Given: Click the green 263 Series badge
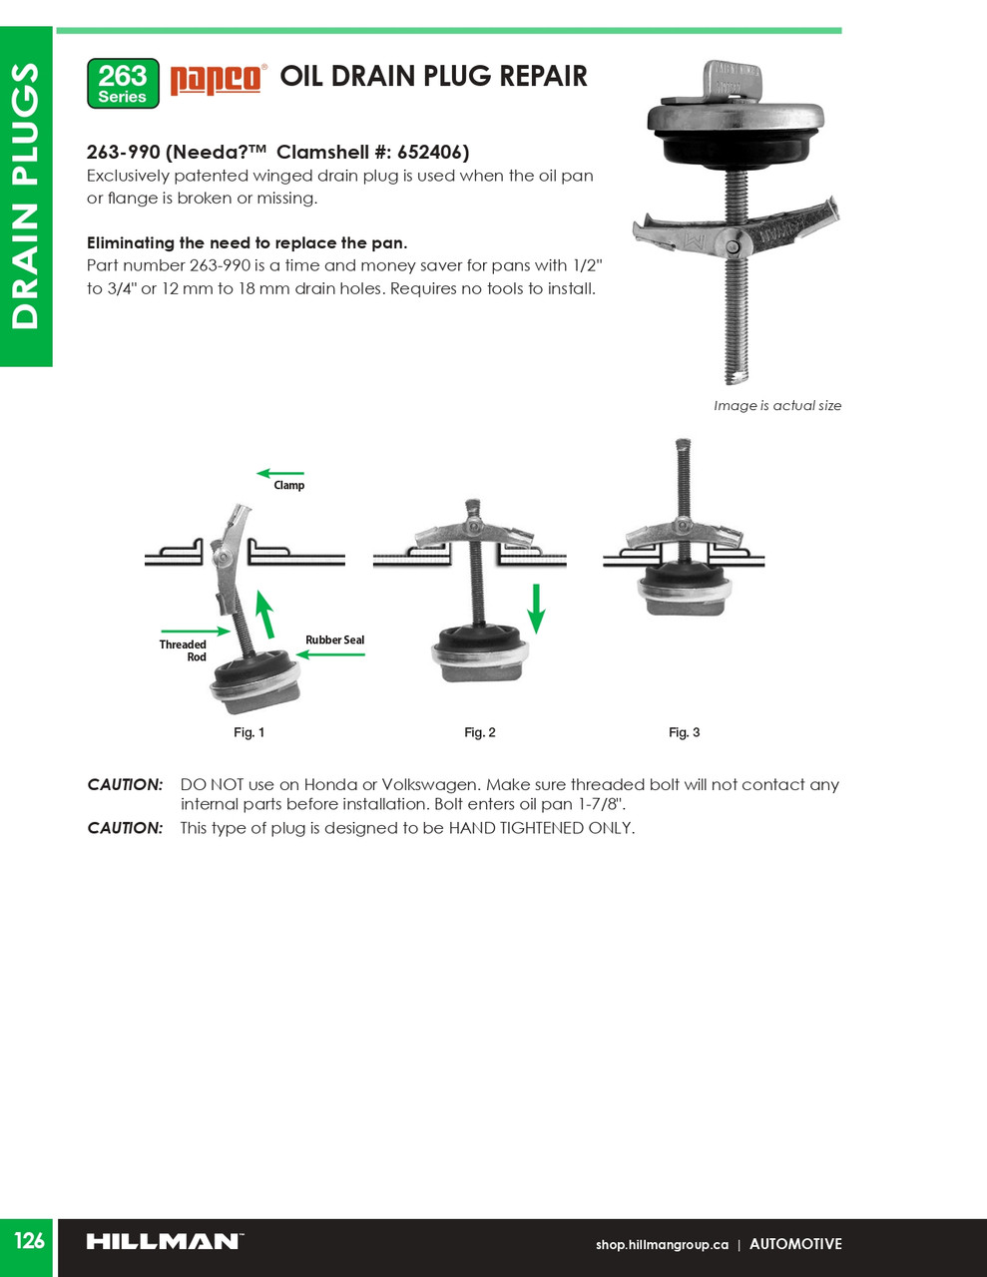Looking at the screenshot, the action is pos(123,84).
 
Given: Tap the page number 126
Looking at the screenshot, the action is pos(28,1240).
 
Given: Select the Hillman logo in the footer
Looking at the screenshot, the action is pos(166,1241).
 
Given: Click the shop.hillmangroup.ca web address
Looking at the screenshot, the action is pos(662,1244).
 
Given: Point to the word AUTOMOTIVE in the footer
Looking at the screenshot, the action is pos(795,1243).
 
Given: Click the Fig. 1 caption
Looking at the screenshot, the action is pos(249,732).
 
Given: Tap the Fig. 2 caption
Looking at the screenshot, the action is pos(480,732).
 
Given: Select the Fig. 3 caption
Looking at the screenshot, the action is pos(685,732).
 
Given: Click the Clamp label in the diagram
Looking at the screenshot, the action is pos(289,486).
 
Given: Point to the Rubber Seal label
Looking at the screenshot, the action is pos(334,639).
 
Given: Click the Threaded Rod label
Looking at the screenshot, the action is pos(183,650).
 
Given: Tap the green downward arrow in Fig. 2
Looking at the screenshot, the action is pos(536,609).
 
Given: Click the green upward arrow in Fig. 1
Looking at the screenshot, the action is pos(265,615).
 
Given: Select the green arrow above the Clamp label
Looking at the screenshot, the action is pos(280,473).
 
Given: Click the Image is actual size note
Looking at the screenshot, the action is pos(777,405).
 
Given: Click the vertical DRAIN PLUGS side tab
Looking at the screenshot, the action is pos(25,196).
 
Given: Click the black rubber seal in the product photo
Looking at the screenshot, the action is pos(734,145).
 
